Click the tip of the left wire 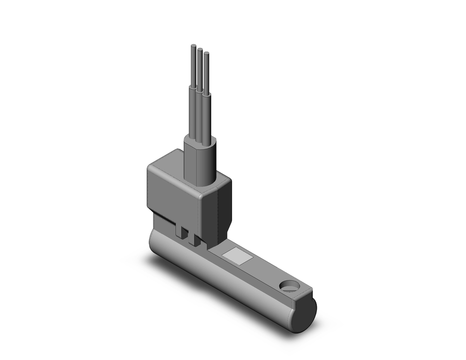[193, 46]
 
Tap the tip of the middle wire [199, 50]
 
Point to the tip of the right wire [206, 54]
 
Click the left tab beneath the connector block [179, 231]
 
